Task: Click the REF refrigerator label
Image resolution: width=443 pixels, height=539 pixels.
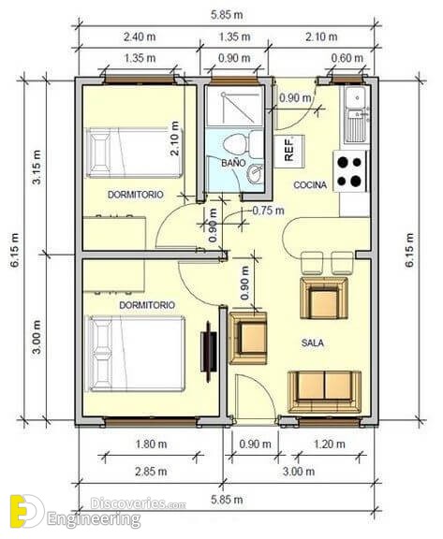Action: [289, 149]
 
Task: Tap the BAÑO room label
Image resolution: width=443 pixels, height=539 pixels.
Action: [233, 163]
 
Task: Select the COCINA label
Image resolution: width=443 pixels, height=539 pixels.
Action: [310, 185]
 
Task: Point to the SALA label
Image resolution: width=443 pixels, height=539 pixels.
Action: [312, 342]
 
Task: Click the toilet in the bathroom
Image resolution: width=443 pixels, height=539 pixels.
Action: [242, 144]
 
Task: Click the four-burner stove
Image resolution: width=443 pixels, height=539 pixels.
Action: [350, 171]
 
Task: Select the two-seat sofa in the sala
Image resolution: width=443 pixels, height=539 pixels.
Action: [324, 392]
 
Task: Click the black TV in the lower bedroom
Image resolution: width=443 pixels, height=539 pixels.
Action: [209, 351]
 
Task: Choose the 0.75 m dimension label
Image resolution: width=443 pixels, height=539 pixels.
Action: [268, 211]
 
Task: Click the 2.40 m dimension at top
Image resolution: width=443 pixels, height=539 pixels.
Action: [140, 36]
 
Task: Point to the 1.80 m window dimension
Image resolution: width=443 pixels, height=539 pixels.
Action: [151, 444]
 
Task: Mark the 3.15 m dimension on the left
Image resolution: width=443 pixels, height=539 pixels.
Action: [37, 168]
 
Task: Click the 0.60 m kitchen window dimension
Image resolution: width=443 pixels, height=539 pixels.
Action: [347, 58]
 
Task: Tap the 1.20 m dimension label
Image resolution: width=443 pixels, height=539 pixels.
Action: [329, 444]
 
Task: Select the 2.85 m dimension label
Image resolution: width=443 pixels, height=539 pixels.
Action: [151, 472]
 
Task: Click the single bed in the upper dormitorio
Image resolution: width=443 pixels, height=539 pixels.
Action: [134, 153]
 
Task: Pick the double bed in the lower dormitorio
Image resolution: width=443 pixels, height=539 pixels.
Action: [136, 354]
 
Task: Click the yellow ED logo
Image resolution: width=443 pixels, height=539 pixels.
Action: [27, 511]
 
